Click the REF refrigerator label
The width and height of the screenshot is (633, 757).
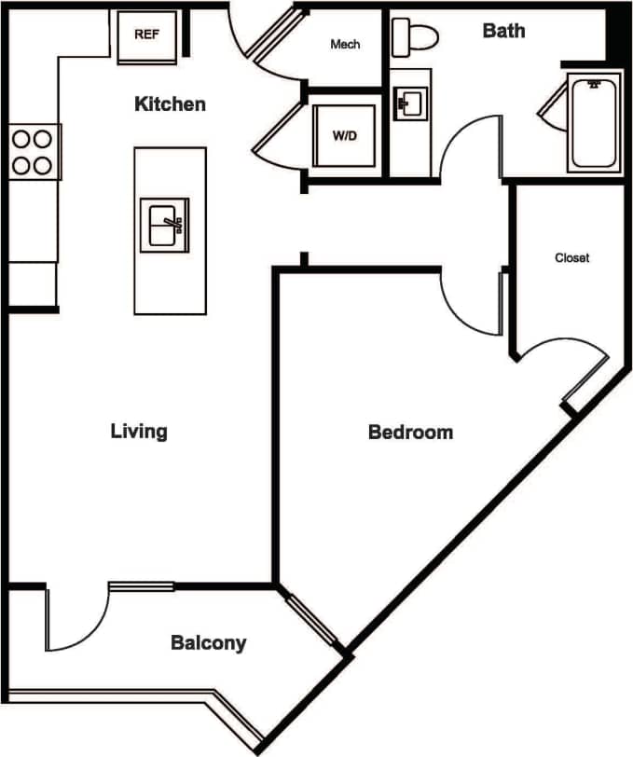(x=145, y=34)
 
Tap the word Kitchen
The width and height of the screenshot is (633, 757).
(x=170, y=103)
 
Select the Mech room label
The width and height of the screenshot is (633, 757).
(x=345, y=45)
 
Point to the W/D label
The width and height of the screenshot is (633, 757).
(x=345, y=136)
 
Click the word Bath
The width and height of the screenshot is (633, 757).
(x=503, y=31)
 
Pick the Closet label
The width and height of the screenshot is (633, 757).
(x=571, y=257)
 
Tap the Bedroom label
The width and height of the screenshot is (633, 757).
(x=410, y=433)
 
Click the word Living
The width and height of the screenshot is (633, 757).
(x=139, y=431)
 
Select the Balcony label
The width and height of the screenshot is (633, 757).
(x=208, y=642)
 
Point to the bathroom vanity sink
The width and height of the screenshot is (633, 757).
(x=409, y=103)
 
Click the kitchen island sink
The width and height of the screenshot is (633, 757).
(x=163, y=224)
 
